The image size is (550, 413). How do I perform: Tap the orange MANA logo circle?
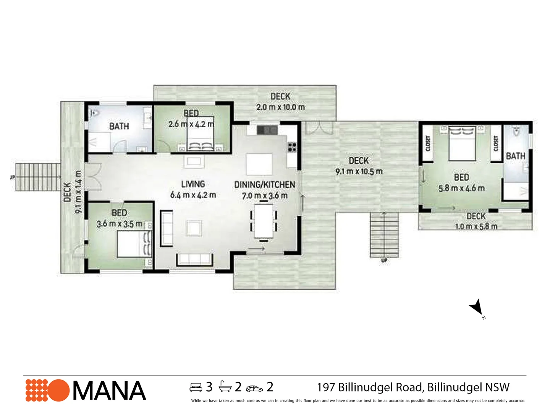click(x=58, y=390)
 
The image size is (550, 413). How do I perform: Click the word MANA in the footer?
click(x=109, y=391)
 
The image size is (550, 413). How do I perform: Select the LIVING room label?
click(x=193, y=184)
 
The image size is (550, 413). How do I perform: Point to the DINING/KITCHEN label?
click(x=265, y=185)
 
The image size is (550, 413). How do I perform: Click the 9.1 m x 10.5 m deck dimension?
click(x=359, y=172)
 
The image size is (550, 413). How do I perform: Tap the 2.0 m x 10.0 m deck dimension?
click(x=280, y=107)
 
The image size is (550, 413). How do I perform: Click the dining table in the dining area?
click(x=264, y=221)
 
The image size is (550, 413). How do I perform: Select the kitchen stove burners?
click(x=292, y=147)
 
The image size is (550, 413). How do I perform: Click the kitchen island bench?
click(x=259, y=164)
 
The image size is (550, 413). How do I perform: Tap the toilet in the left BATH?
click(x=94, y=113)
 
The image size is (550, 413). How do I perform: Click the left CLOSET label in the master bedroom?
click(x=428, y=143)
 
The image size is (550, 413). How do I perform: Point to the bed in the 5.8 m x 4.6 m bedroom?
click(x=462, y=143)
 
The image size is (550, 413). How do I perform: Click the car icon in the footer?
click(x=254, y=389)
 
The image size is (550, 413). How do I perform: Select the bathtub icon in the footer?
click(x=225, y=387)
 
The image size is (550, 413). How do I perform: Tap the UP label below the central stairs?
click(x=384, y=260)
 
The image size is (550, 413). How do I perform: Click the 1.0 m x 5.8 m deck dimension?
click(x=476, y=226)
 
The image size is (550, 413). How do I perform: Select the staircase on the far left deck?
click(x=38, y=177)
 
